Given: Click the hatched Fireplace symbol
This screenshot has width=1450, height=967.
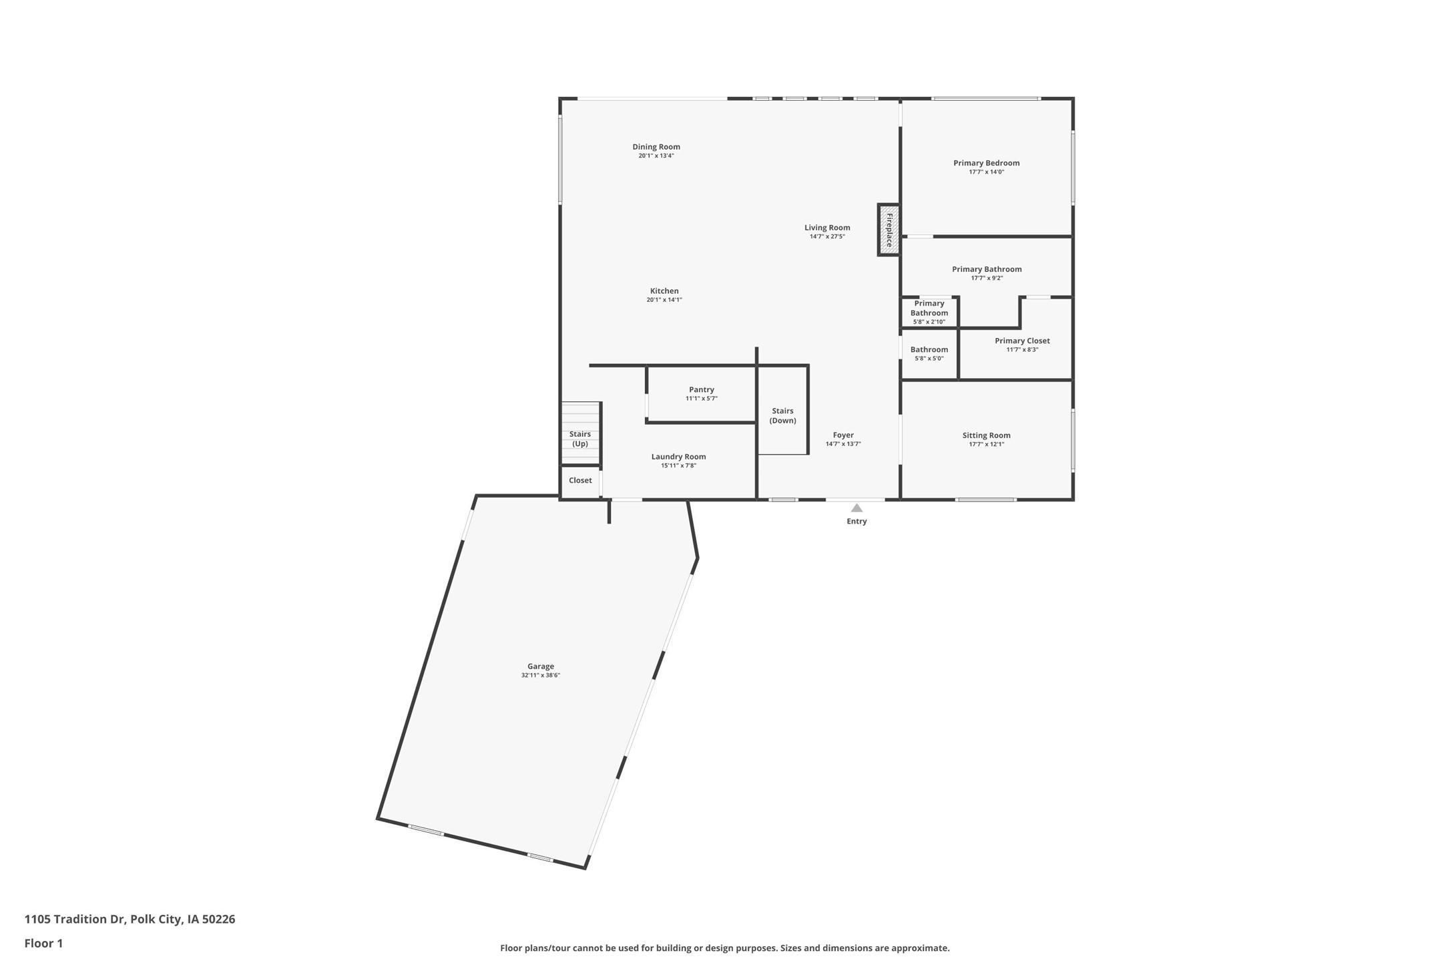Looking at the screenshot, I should (889, 230).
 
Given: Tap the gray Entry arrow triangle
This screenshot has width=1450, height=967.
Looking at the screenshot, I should (857, 508).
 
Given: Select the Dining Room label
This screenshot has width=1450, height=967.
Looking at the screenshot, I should (656, 147).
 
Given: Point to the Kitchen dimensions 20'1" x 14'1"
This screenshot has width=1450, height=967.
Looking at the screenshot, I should (664, 300).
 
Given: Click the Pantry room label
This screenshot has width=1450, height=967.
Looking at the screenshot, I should (702, 389).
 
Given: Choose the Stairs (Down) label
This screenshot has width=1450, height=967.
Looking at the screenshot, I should (782, 415).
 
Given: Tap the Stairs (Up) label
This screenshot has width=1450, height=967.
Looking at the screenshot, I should (580, 439).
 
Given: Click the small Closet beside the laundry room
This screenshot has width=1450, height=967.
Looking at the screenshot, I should (580, 481).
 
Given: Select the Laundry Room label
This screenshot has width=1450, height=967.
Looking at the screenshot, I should (678, 457).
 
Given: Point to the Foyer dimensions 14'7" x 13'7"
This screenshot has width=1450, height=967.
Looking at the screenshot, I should (843, 444).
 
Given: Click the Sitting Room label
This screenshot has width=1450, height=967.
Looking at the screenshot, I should (986, 435).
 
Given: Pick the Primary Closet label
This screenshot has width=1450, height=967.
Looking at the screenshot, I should (1022, 341).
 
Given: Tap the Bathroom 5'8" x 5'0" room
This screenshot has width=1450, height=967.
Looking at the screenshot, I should (929, 353).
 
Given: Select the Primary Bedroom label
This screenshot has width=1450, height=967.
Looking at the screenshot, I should (986, 163).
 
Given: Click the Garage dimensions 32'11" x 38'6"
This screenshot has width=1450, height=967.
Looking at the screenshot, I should (541, 675).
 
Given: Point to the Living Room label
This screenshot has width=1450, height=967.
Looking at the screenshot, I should (827, 228).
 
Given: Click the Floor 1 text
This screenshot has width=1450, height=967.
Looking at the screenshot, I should (43, 944).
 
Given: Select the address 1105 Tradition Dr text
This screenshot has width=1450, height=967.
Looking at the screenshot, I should (130, 919).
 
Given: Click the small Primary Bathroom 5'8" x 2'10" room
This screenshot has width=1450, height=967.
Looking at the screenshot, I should (929, 312).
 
